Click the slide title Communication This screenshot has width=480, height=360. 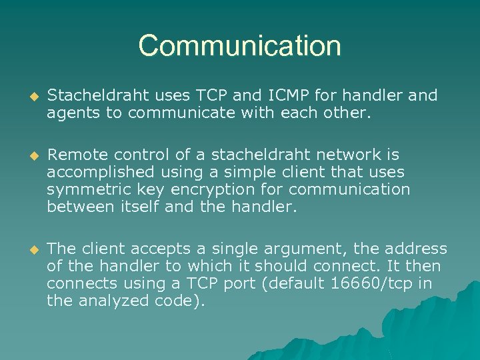pos(240,46)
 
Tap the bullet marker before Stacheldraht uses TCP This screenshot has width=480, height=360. pos(28,97)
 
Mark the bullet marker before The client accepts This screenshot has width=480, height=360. pos(28,249)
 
